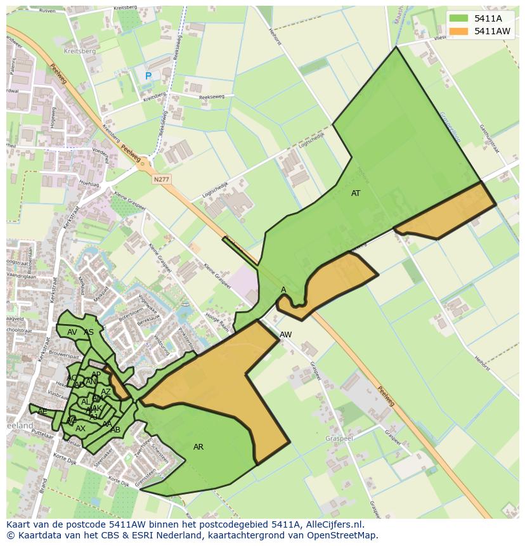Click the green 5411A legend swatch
coord(459,18)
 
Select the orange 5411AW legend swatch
coord(459,31)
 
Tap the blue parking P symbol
coord(148,76)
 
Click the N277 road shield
coord(162,179)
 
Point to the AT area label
coord(356,193)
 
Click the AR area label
coord(198,447)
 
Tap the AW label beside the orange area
coord(286,334)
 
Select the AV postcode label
coord(72,332)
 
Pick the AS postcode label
coord(89,332)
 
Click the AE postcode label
coord(42,412)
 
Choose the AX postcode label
coord(81,429)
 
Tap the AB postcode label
coord(115,430)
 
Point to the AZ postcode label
coord(106,392)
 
